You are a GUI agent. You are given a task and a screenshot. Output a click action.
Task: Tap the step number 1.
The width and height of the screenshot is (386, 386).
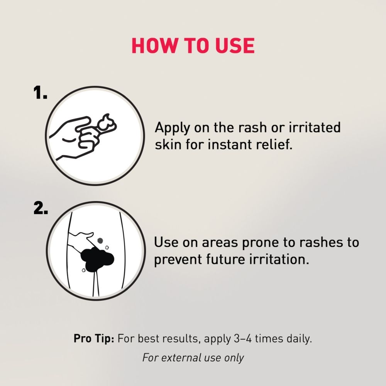coord(40,93)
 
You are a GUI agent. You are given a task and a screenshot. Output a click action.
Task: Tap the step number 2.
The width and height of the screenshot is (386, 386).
coord(41,208)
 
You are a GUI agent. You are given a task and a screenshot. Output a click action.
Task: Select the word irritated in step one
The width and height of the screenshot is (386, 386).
coord(315,127)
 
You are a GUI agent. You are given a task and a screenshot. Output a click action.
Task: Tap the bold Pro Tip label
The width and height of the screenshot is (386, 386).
coord(94,339)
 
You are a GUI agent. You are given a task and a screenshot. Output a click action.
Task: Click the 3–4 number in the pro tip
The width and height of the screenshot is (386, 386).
coord(243,339)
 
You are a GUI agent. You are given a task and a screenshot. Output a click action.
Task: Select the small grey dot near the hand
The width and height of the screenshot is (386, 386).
coord(100,240)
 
